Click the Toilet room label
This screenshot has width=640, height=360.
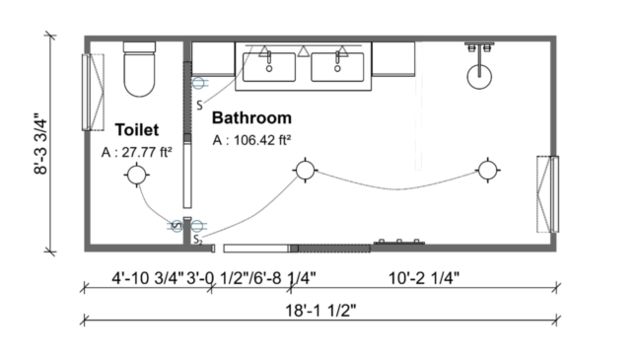pyautogui.click(x=137, y=129)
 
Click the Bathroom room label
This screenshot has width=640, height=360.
pyautogui.click(x=250, y=115)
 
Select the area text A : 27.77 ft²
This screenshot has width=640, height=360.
pyautogui.click(x=137, y=153)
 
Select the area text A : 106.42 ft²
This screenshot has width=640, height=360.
pyautogui.click(x=251, y=140)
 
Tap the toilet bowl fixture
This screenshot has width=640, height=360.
pyautogui.click(x=140, y=72)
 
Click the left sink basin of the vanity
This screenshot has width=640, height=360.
pyautogui.click(x=269, y=67)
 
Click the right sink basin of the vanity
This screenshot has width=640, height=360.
pyautogui.click(x=337, y=67)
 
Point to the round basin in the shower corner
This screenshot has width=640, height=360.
pyautogui.click(x=479, y=73)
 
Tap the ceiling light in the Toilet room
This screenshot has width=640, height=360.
pyautogui.click(x=136, y=176)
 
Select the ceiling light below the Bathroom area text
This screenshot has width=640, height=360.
pyautogui.click(x=306, y=171)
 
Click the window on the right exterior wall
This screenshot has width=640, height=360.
pyautogui.click(x=547, y=193)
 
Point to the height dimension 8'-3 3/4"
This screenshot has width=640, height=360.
pyautogui.click(x=41, y=143)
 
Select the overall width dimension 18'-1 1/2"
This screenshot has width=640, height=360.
pyautogui.click(x=320, y=310)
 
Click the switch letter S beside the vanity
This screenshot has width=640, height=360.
pyautogui.click(x=199, y=104)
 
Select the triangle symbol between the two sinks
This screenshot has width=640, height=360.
pyautogui.click(x=304, y=50)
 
